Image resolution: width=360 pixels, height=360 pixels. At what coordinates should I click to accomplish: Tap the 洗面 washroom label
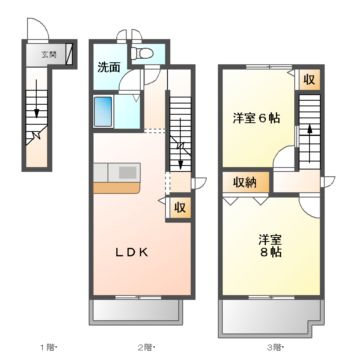coord(109,67)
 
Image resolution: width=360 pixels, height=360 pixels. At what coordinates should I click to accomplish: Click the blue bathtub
coord(107,111)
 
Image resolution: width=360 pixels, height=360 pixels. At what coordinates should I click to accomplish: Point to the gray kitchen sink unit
coord(126,172)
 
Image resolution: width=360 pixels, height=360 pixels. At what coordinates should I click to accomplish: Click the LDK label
coord(130,252)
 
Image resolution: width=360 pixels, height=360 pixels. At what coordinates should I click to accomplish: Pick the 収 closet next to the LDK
coord(177,207)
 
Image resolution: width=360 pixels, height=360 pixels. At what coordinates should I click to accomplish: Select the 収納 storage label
coord(244,182)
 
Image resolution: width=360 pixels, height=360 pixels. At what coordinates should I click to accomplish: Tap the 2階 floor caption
coord(146,347)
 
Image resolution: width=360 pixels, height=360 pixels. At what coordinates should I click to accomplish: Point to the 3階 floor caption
coord(273,347)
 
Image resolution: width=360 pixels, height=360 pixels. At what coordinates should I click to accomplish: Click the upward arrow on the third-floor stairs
coord(309,133)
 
